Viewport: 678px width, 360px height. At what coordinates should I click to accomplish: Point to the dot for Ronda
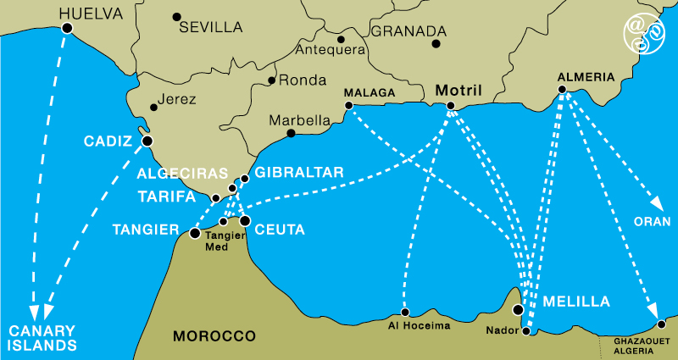coord(271,81)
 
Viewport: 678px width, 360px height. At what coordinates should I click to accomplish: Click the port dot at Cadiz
coord(147,141)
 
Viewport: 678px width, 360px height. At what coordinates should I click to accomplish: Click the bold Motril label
coord(458,90)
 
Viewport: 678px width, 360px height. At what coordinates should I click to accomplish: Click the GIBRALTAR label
coord(298,172)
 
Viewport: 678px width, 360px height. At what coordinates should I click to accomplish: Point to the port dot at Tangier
coord(194,233)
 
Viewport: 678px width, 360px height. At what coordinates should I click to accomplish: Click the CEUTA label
coord(281,230)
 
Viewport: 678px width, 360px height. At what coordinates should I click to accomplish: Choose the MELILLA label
coord(576,302)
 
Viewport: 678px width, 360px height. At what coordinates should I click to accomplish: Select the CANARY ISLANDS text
coord(42,337)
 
